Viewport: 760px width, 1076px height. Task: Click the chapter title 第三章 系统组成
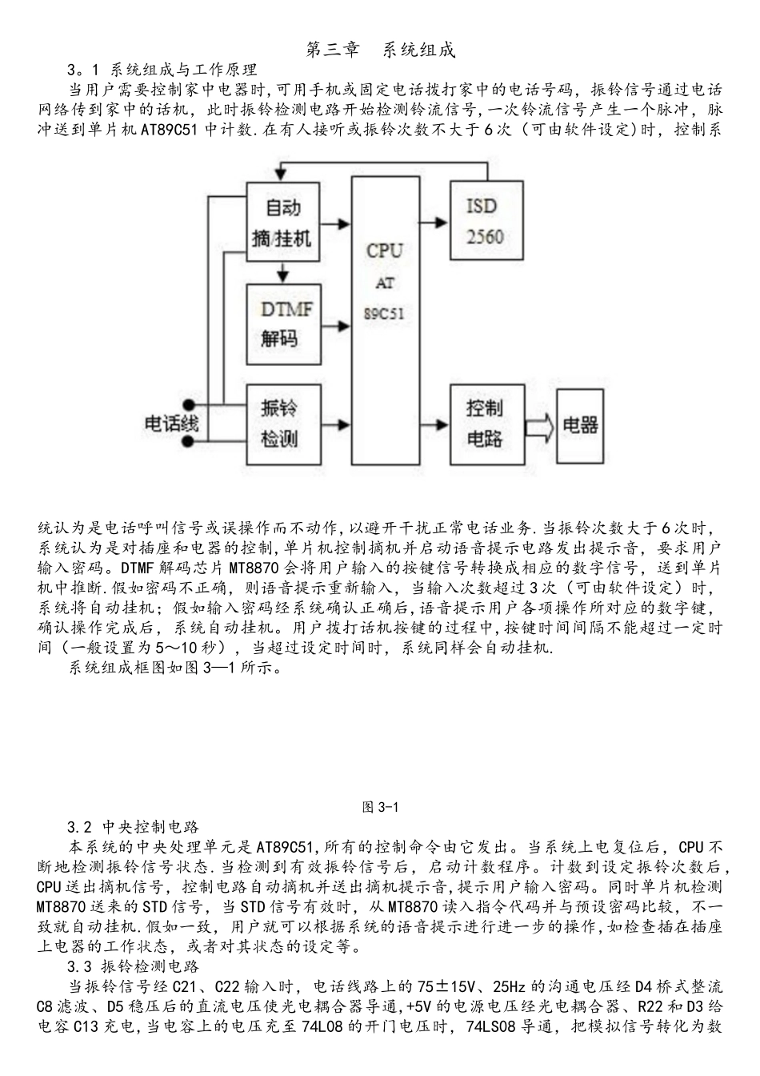tap(381, 50)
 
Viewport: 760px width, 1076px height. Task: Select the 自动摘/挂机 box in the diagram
tap(282, 222)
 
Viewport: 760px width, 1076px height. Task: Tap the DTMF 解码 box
tap(282, 323)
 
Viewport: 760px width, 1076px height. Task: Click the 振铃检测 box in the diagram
tap(282, 424)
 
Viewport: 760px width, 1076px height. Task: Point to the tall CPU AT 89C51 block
tap(385, 319)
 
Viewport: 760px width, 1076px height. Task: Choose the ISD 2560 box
tap(486, 221)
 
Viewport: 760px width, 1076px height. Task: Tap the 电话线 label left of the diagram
tap(171, 424)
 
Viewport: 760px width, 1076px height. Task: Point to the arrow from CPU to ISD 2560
tap(434, 223)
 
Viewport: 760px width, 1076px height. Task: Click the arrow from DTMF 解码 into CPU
tap(336, 325)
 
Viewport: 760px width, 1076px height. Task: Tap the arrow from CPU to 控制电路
tap(434, 425)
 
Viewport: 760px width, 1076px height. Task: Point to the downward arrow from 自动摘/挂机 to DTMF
tap(282, 273)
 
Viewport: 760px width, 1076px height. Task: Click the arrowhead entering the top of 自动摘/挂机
tap(278, 172)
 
